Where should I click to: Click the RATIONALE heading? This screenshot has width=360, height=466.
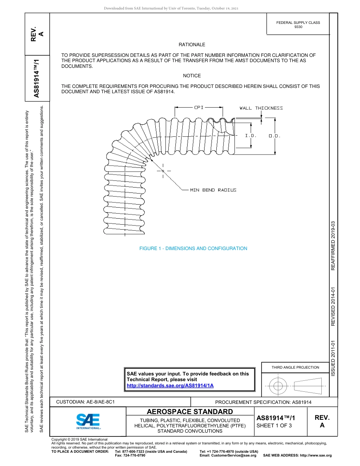coord(192,45)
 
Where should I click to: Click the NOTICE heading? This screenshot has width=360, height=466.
coord(192,76)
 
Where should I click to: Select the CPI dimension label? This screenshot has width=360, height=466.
coord(199,108)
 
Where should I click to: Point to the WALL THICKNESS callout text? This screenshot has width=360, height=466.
coord(261,108)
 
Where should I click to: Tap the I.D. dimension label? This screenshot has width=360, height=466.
coord(251,136)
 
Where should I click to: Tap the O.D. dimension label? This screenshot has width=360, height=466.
coord(274,136)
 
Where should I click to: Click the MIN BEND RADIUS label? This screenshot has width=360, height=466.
coord(213,190)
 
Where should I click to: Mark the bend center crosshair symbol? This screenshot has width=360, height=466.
coord(163,171)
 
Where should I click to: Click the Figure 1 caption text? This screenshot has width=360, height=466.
coord(193,249)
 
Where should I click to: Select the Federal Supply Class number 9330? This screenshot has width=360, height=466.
coord(298,27)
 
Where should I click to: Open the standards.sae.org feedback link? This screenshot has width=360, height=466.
coord(170,385)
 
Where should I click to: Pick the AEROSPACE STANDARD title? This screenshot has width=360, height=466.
coord(190,412)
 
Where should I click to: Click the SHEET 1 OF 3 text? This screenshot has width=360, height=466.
coord(274,425)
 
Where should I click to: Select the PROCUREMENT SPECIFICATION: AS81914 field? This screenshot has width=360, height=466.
coord(263,402)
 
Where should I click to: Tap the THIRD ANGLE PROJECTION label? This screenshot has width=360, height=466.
coord(295,367)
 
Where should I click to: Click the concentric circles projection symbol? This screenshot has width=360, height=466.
coord(278,386)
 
